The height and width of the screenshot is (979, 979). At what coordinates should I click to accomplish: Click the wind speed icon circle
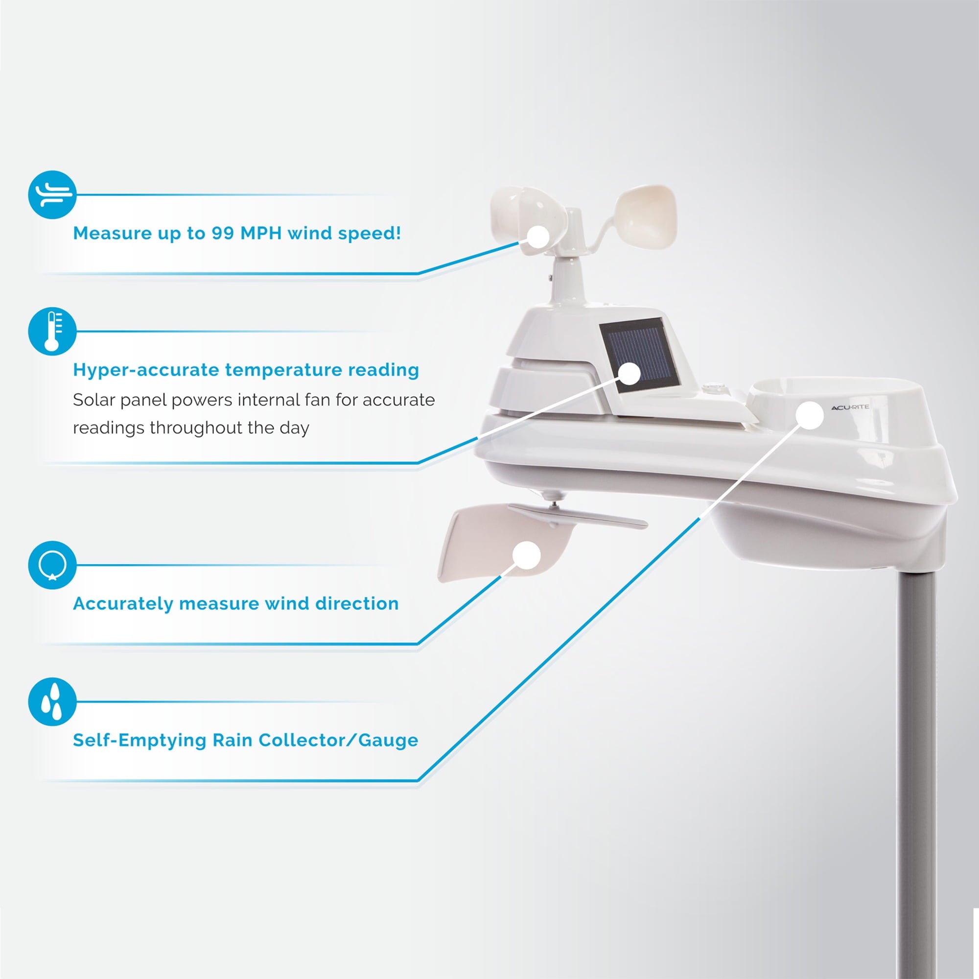(x=52, y=195)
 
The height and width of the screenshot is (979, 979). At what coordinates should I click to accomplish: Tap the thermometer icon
(x=52, y=331)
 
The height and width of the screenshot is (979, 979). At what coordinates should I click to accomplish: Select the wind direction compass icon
(x=52, y=565)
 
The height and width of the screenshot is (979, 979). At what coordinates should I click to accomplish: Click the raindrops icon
(x=52, y=702)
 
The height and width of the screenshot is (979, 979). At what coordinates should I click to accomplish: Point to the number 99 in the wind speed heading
(x=223, y=233)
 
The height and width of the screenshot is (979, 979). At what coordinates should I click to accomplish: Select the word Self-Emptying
(x=140, y=740)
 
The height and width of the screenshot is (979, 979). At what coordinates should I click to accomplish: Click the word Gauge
(x=388, y=740)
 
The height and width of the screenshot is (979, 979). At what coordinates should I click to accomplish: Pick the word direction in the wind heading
(x=357, y=604)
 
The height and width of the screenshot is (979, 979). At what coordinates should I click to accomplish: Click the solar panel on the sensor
(x=639, y=356)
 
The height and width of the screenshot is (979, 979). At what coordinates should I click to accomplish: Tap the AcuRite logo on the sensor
(x=850, y=407)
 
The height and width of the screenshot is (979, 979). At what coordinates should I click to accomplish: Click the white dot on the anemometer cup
(x=538, y=237)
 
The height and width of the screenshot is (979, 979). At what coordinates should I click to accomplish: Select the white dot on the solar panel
(x=630, y=374)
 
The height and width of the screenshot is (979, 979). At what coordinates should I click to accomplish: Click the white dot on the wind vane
(x=527, y=555)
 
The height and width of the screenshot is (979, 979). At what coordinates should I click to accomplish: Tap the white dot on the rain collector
(x=810, y=416)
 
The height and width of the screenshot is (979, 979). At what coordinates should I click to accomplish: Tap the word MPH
(x=261, y=233)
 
